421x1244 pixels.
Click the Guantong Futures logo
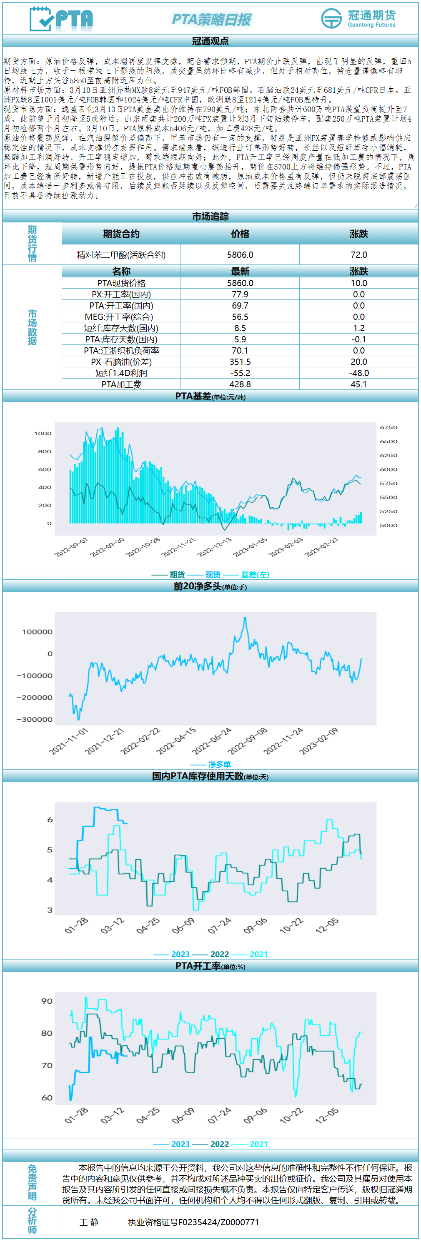[358, 18]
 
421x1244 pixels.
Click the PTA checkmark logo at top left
[61, 19]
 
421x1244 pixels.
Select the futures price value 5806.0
[240, 254]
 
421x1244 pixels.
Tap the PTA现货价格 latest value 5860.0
[240, 283]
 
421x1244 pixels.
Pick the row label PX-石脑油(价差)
[121, 362]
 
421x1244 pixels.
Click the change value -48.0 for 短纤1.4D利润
[358, 373]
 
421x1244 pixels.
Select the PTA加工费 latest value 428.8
[240, 384]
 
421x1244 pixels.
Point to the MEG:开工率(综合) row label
[121, 317]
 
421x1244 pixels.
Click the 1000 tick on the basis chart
[43, 433]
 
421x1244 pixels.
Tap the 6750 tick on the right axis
[388, 427]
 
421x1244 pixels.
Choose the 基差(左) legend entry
[255, 575]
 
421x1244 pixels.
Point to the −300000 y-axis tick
[35, 719]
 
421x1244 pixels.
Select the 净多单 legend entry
[219, 765]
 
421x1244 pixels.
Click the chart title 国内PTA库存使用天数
[198, 776]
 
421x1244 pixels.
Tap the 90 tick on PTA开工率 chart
[47, 1001]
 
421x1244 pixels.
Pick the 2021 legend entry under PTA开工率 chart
[258, 1144]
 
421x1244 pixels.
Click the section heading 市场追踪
[210, 216]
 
